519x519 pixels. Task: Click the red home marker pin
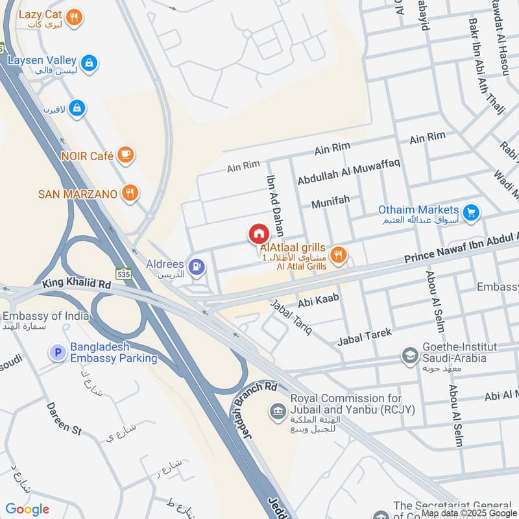258,234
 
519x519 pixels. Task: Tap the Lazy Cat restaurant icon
75,18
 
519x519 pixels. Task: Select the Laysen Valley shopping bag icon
90,63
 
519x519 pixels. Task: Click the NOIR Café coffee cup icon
127,156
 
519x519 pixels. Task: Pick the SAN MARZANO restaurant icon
130,193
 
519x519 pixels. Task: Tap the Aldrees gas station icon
195,266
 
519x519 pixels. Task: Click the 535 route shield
125,274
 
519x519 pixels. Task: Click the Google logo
27,509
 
